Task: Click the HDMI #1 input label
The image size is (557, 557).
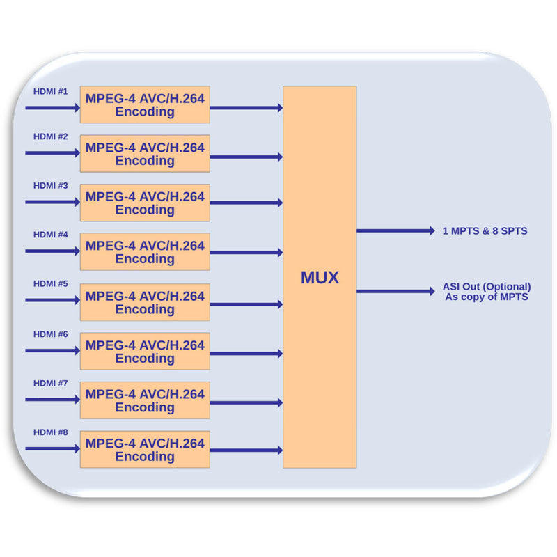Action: [51, 91]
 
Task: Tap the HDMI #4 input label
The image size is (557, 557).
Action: [51, 235]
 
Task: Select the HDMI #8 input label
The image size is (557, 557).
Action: [51, 432]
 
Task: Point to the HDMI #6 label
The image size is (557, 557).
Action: [51, 334]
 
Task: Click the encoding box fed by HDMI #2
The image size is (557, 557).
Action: [145, 154]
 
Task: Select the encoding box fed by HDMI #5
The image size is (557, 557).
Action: [145, 302]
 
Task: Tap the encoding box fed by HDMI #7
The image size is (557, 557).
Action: [145, 400]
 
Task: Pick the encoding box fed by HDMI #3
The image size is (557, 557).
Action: [145, 203]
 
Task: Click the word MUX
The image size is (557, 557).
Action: [320, 278]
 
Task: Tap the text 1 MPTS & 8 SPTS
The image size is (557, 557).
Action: [485, 230]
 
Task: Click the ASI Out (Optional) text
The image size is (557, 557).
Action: [487, 287]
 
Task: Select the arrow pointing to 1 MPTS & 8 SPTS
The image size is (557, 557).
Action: [395, 230]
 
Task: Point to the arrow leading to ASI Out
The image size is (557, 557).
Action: [395, 291]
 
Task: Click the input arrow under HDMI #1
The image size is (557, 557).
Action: [52, 108]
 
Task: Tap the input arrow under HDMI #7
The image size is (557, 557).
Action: [52, 400]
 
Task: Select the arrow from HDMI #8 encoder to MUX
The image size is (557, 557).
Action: [246, 450]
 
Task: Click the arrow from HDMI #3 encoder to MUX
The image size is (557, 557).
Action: [246, 203]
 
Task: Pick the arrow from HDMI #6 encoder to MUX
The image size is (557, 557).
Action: [246, 354]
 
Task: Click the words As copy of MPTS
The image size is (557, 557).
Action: [487, 297]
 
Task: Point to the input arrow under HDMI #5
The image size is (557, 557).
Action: [52, 301]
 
